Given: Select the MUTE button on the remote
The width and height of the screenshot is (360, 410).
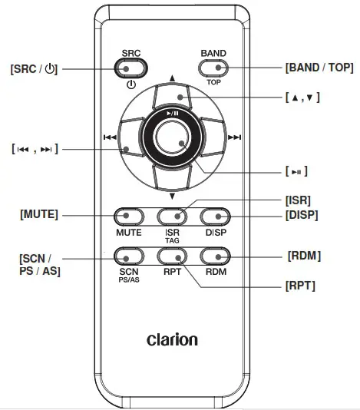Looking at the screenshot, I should [129, 217].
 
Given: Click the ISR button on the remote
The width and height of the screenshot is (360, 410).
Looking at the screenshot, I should [173, 217].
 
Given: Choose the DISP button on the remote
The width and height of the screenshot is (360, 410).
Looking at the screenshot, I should [216, 217].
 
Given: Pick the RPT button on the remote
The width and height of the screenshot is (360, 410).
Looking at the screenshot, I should [173, 256].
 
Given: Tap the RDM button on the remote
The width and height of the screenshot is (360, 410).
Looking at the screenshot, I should [216, 256].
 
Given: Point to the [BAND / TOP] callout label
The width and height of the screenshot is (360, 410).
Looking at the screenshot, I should [319, 68].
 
